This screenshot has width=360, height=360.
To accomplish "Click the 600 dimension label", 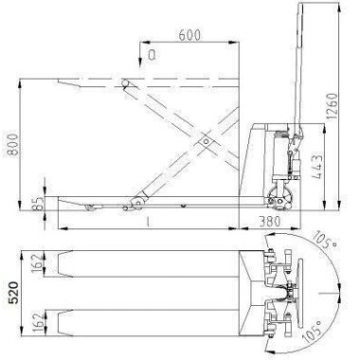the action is click(x=189, y=35).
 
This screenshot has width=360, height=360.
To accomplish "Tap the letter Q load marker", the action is click(x=152, y=56).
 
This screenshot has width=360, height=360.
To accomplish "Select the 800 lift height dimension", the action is click(x=13, y=145).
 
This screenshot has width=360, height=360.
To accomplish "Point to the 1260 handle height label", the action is click(x=333, y=106).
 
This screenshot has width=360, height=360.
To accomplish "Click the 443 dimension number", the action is click(x=316, y=167).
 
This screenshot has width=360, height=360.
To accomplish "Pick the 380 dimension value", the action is click(x=269, y=222).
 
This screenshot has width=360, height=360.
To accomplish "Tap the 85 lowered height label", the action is click(x=37, y=204).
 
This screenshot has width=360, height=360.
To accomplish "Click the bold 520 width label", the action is click(x=13, y=293).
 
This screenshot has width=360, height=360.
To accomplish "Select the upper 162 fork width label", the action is click(x=38, y=263).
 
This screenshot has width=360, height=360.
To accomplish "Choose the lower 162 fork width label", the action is click(x=38, y=322).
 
